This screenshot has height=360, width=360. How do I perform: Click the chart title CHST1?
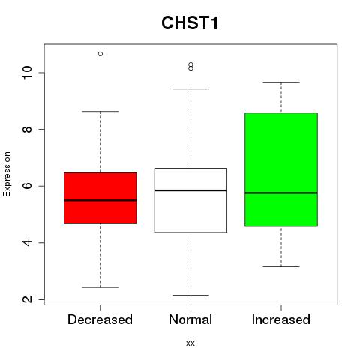[190, 22]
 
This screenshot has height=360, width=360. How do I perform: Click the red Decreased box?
[100, 198]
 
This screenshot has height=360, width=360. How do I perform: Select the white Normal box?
[190, 200]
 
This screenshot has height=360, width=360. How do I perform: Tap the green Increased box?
[281, 169]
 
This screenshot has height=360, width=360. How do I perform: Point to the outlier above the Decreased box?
[100, 54]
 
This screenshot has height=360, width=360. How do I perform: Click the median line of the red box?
[100, 200]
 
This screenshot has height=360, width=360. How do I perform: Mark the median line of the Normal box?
[190, 190]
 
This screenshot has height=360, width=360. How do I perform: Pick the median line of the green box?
[281, 193]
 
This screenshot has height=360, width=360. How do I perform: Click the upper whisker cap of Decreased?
[100, 111]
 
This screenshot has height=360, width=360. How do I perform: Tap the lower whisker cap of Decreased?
[100, 287]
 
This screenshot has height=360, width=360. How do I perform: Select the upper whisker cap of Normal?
[190, 88]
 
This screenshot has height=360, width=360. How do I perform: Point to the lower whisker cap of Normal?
[190, 295]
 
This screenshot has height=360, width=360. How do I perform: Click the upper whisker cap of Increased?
[281, 82]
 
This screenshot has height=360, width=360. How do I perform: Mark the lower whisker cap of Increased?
[281, 266]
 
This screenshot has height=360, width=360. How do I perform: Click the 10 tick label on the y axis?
[27, 73]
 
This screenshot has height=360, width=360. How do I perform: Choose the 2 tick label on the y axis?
[27, 299]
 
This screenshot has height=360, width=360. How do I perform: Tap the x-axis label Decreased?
[100, 319]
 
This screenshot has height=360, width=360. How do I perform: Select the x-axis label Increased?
[281, 319]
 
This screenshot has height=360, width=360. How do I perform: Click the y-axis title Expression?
[7, 174]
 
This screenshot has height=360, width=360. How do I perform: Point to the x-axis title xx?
[190, 343]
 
